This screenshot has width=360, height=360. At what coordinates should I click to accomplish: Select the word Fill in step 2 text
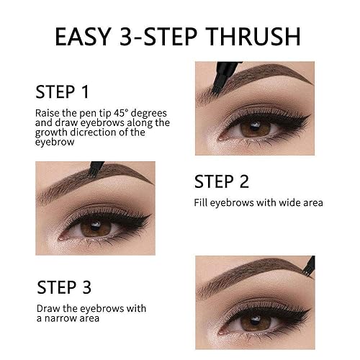(204, 203)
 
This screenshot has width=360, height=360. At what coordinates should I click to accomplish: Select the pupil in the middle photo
(94, 228)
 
